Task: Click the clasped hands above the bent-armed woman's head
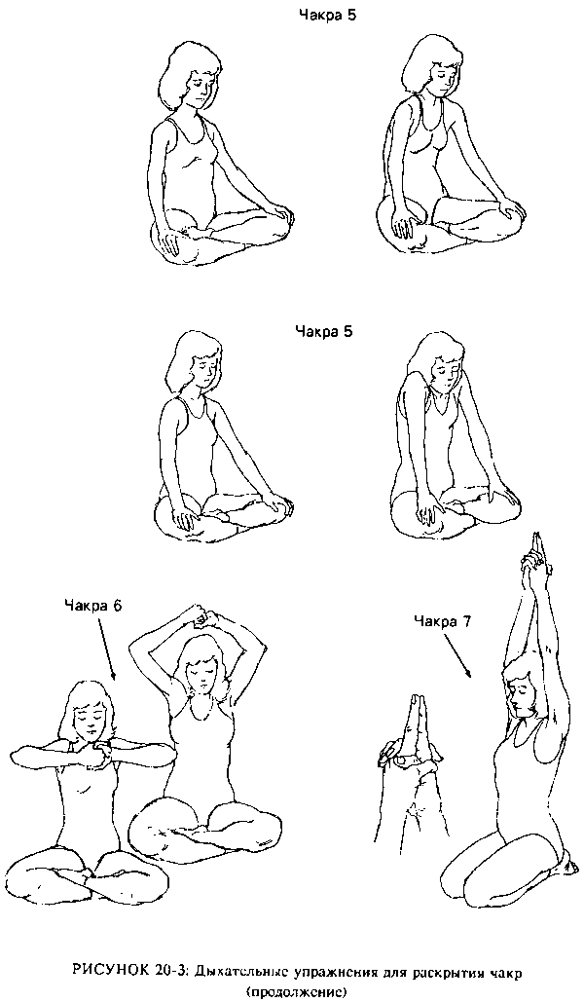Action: (203, 618)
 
